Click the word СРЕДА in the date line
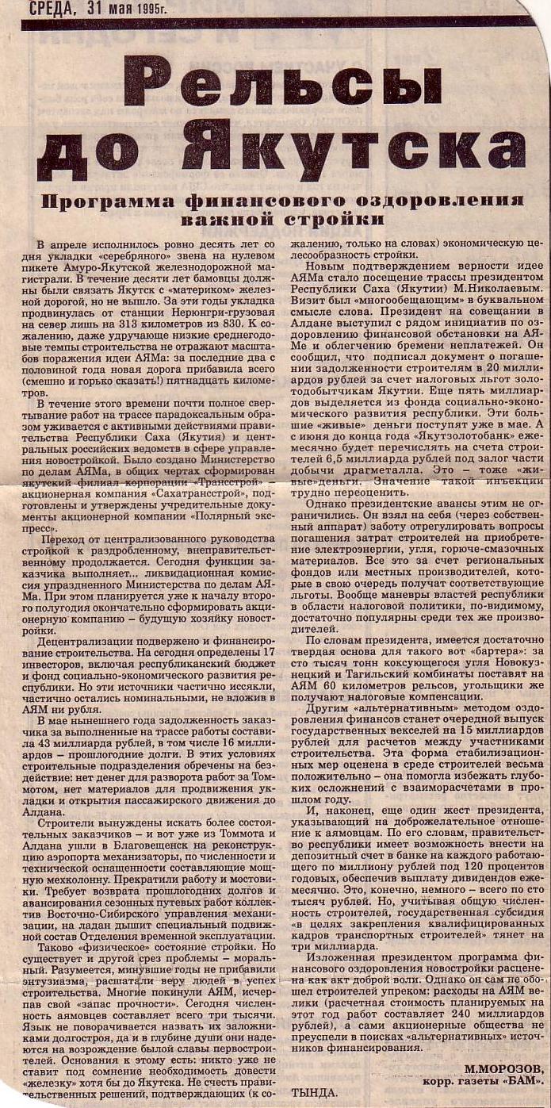[x=53, y=9]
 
